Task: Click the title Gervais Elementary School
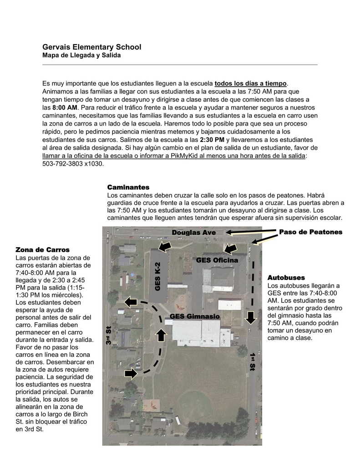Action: tap(91, 47)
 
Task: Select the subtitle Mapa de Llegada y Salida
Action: tap(81, 56)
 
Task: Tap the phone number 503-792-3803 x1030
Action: tap(73, 164)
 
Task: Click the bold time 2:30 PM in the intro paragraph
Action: tap(212, 140)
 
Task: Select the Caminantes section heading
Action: tap(128, 187)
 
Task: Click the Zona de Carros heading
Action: tap(42, 250)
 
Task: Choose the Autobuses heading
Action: tap(286, 278)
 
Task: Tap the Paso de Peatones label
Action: tap(310, 232)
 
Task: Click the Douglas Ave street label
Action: tap(193, 233)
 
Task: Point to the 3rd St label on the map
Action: tap(108, 335)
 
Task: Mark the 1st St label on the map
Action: tap(253, 360)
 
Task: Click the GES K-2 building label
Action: tap(158, 277)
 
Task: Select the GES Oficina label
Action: tap(217, 260)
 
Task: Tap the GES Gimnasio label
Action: tap(194, 316)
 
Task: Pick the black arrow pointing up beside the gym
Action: tap(161, 337)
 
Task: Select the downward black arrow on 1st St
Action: tap(251, 317)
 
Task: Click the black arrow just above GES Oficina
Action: tap(231, 248)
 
